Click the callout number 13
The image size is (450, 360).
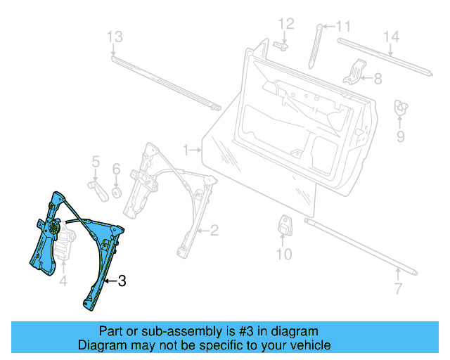coord(114,37)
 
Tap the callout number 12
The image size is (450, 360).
coord(284,25)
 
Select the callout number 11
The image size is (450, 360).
coord(342,27)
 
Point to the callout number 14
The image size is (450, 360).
coord(391,37)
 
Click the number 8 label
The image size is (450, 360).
coord(378,79)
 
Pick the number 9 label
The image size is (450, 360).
coord(401,136)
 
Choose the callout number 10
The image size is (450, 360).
coord(283,253)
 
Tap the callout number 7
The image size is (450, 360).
coord(398,289)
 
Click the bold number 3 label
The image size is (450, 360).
coord(121,281)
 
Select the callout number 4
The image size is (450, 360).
coord(63,282)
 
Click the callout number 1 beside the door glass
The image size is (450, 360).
coord(186,150)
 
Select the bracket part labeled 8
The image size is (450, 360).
coord(356,72)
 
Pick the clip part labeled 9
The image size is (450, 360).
coord(401,106)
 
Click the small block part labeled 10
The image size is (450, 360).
coord(286,224)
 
